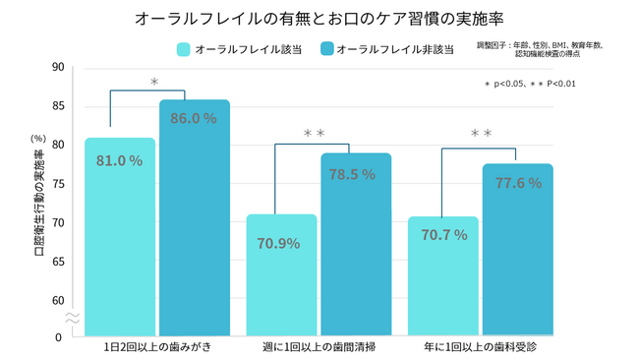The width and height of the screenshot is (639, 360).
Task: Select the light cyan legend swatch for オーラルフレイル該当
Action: [184, 48]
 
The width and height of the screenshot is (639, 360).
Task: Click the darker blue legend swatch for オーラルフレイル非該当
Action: [323, 48]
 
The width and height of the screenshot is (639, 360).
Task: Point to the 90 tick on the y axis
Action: [58, 68]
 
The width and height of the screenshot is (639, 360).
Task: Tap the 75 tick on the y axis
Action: [58, 184]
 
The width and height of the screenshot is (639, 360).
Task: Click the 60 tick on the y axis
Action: [58, 300]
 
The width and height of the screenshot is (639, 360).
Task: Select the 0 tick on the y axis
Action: [59, 337]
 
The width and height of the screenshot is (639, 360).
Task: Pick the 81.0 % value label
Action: [119, 160]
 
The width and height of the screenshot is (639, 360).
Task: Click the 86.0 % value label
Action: [193, 118]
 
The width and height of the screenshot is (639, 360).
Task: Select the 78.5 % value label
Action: [352, 174]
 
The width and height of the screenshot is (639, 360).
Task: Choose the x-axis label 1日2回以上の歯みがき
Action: [156, 348]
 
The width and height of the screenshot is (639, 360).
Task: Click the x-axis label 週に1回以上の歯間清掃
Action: [319, 348]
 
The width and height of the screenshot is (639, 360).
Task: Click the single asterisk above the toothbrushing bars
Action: [154, 83]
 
